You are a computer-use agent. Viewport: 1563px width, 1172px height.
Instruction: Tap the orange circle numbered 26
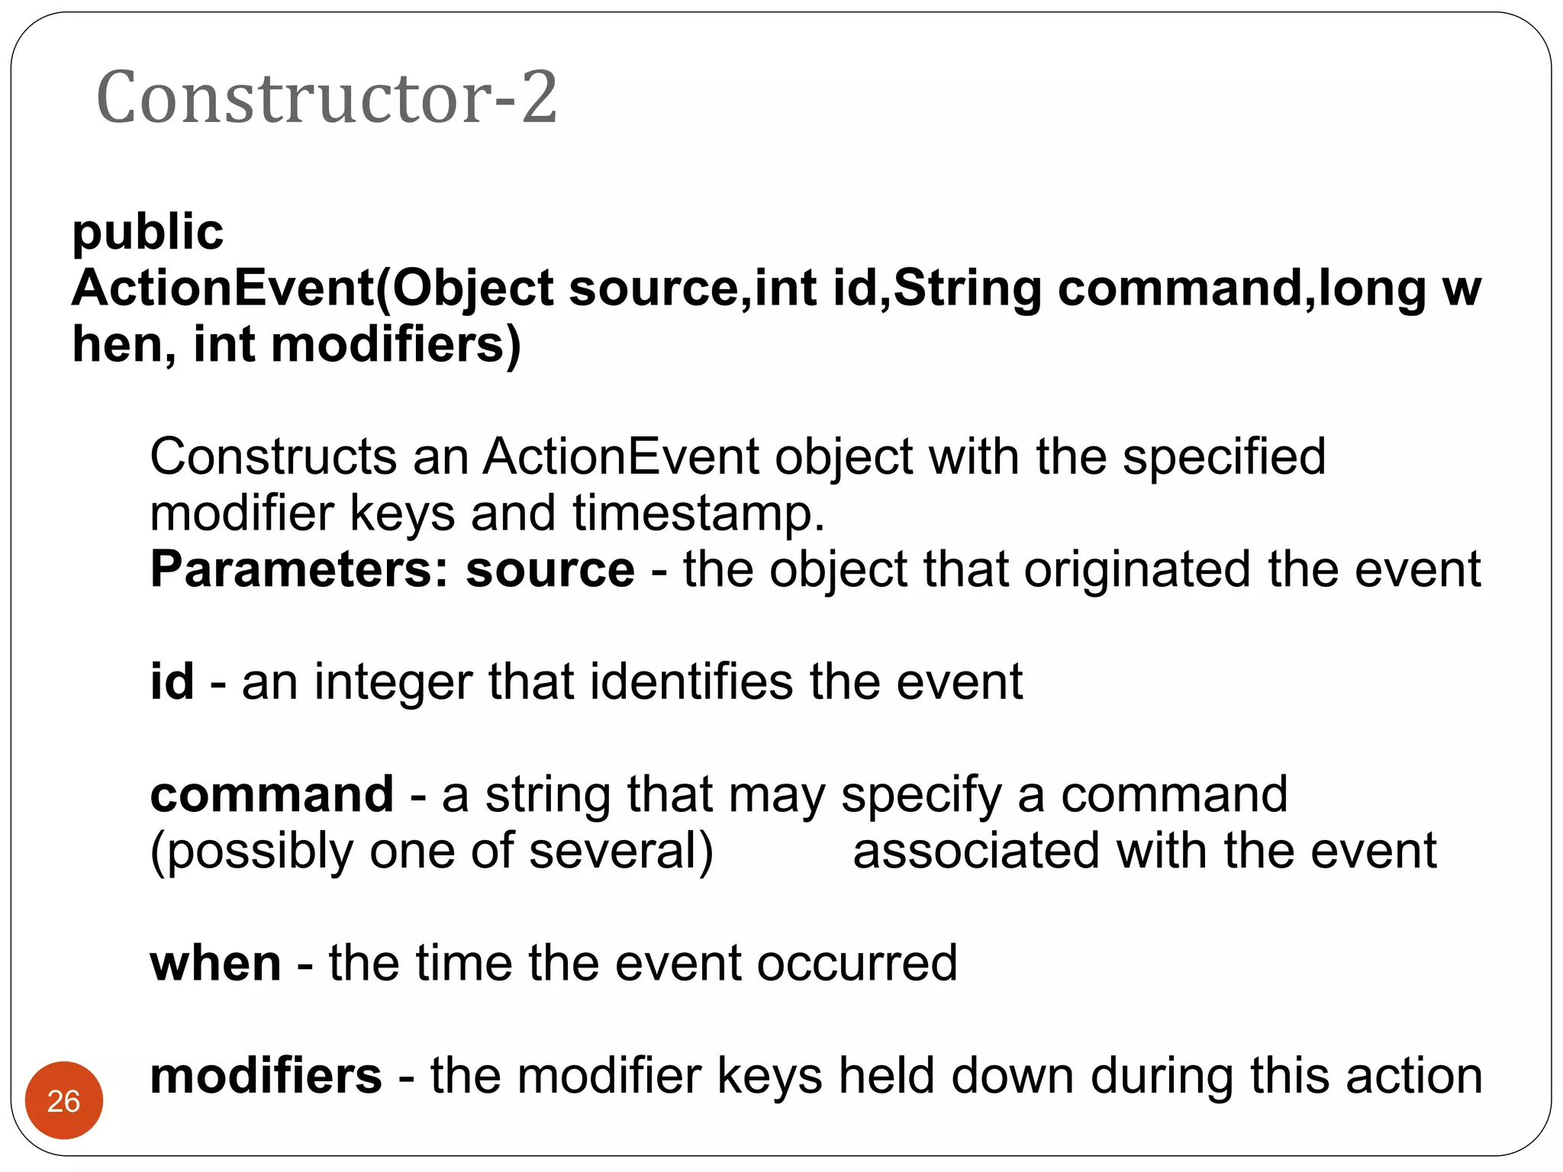coord(64,1100)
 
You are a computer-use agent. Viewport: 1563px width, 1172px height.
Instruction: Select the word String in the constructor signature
coord(967,288)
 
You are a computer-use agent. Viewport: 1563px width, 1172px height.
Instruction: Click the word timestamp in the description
coord(698,513)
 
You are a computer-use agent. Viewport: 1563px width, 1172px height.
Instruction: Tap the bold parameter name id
coord(172,681)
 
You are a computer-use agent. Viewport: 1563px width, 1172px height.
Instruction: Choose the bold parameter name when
coord(215,963)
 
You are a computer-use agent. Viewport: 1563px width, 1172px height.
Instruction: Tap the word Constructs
coord(272,457)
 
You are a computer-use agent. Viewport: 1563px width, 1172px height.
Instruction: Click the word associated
coord(976,852)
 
